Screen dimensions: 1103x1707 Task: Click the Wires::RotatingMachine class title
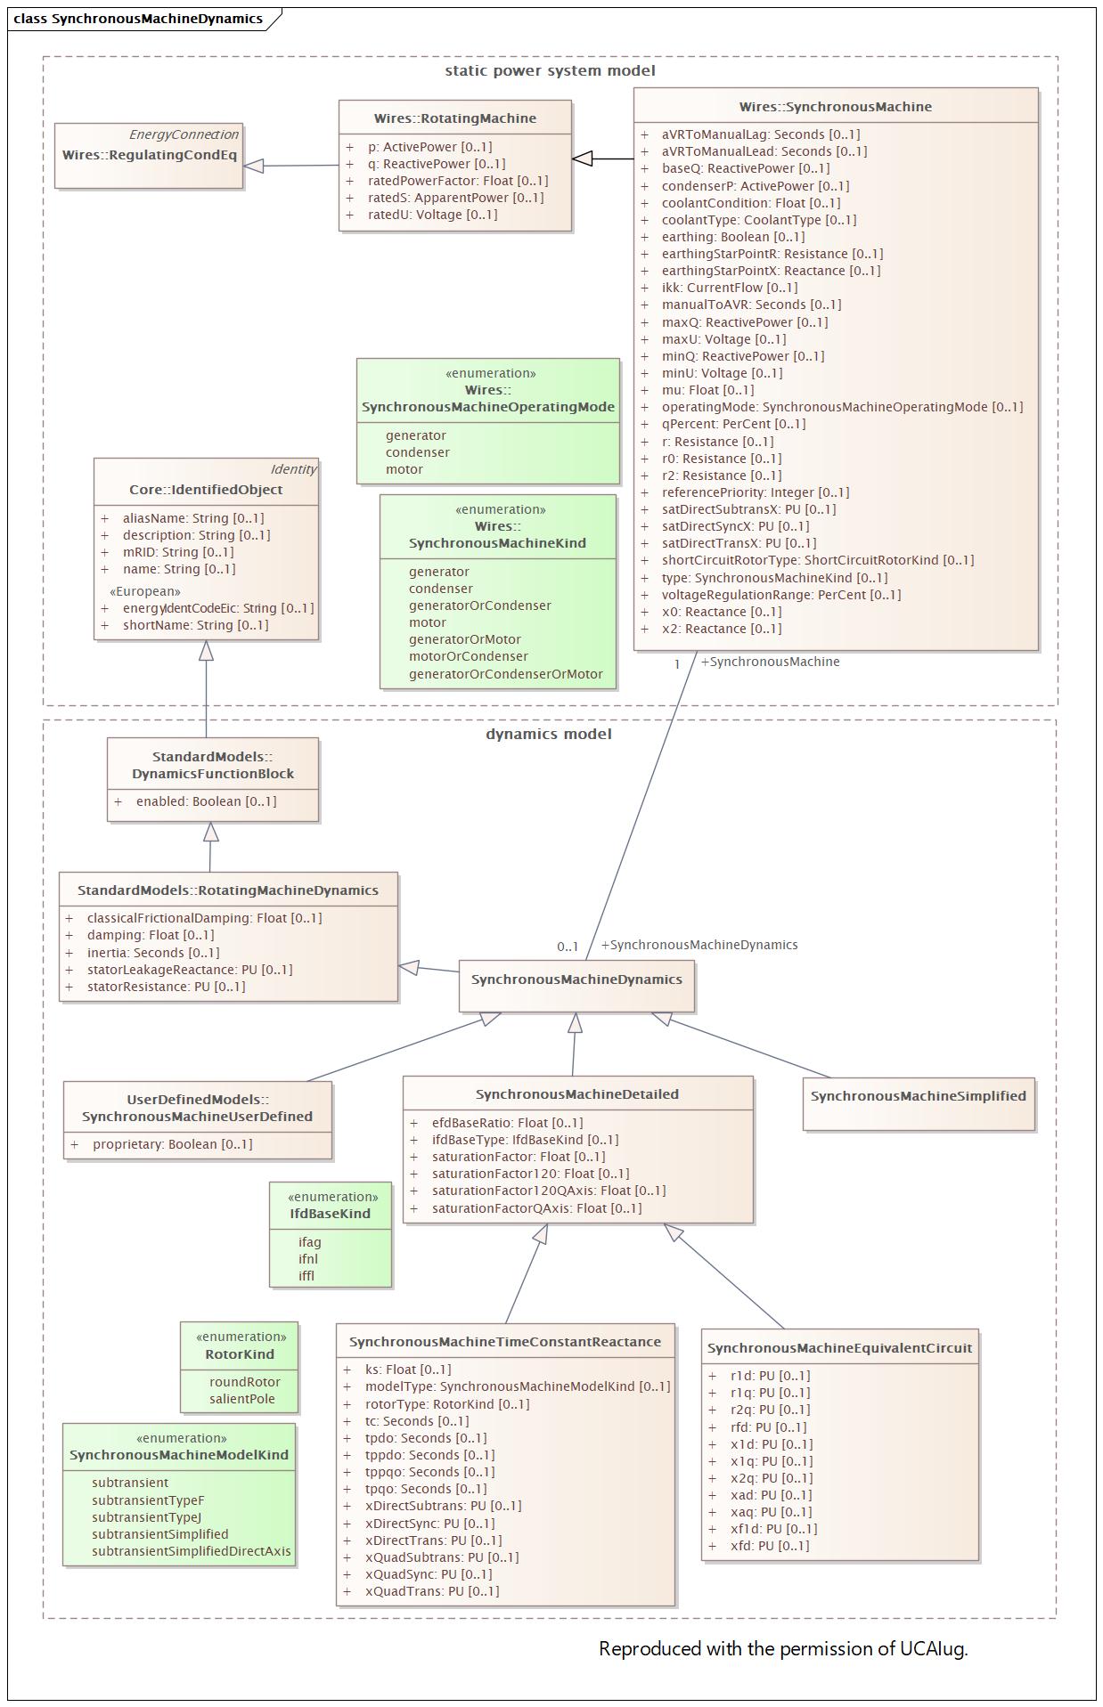tap(454, 118)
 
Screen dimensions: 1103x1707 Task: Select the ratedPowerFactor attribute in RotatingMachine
tap(458, 181)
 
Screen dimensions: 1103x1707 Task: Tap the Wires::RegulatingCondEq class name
tap(150, 155)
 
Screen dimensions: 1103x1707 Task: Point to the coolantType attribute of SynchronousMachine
tap(759, 220)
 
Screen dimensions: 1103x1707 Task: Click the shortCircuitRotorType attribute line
tap(818, 560)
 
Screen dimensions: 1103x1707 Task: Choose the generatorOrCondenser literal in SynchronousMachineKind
tap(480, 606)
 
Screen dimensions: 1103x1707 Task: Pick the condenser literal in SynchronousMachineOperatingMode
tap(418, 452)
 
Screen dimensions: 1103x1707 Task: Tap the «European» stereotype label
tap(145, 591)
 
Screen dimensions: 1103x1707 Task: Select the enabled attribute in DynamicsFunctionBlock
tap(206, 801)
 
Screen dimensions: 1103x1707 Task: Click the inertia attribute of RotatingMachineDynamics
tap(153, 953)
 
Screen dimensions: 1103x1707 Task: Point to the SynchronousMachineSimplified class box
tap(919, 1104)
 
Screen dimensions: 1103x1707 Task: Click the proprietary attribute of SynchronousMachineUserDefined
tap(173, 1144)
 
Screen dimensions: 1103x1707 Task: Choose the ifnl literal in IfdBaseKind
tap(308, 1259)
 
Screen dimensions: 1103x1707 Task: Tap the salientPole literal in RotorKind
tap(242, 1399)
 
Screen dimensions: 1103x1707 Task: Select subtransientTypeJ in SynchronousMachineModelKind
tap(146, 1517)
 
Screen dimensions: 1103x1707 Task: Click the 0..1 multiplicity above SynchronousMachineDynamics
tap(568, 947)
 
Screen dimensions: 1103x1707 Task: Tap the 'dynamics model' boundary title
tap(549, 734)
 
